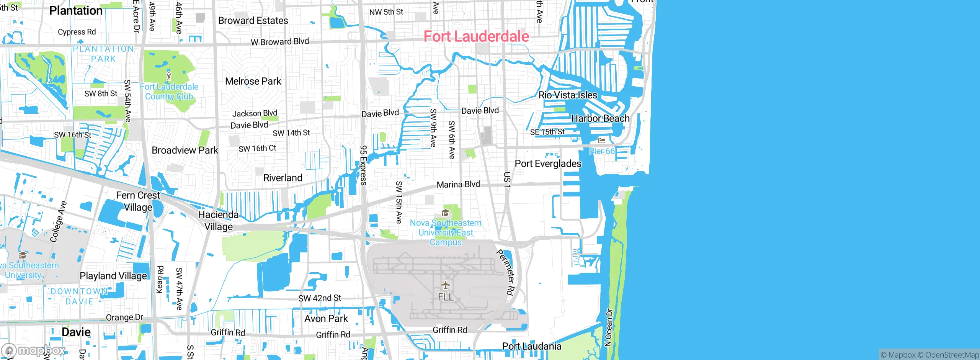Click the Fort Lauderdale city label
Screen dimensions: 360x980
(x=476, y=36)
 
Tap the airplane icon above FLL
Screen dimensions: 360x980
(x=445, y=285)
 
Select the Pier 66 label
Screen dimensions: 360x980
(x=601, y=151)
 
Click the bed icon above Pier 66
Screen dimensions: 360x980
(x=601, y=141)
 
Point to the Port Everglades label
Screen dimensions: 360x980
(x=548, y=164)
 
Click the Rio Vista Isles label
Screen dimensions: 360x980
(x=567, y=95)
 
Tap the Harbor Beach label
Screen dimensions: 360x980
(x=600, y=118)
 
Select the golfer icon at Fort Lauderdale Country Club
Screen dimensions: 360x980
(x=169, y=76)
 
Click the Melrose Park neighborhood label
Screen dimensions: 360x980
(x=253, y=81)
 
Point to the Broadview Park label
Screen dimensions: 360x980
(x=185, y=150)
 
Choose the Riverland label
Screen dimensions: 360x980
(x=283, y=178)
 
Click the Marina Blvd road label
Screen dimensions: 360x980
(x=458, y=185)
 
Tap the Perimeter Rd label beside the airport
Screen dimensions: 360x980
(x=505, y=272)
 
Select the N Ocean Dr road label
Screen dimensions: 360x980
(x=609, y=327)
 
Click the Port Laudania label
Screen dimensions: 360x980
(x=531, y=346)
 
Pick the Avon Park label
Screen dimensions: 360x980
(x=326, y=319)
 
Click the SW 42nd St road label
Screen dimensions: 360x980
(x=319, y=298)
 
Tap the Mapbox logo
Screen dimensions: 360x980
(x=34, y=350)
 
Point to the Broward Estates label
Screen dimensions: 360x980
(x=253, y=21)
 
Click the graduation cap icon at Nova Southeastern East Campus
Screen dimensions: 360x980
(x=445, y=213)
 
